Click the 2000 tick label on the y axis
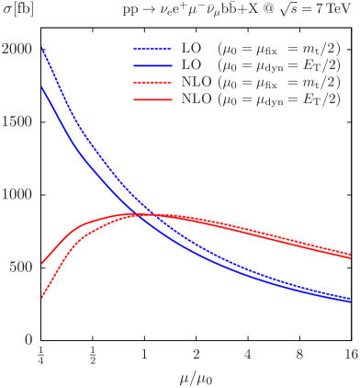click(x=16, y=49)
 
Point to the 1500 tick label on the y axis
click(x=16, y=121)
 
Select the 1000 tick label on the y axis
click(x=16, y=194)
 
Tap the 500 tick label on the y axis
click(x=20, y=267)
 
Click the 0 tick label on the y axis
click(x=28, y=339)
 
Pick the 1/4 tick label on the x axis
click(x=40, y=353)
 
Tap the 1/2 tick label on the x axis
click(x=93, y=353)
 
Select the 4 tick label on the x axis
click(x=247, y=353)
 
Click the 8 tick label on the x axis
click(x=299, y=353)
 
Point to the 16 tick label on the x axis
click(x=350, y=353)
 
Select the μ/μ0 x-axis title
click(x=196, y=377)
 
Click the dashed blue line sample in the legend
click(x=152, y=51)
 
